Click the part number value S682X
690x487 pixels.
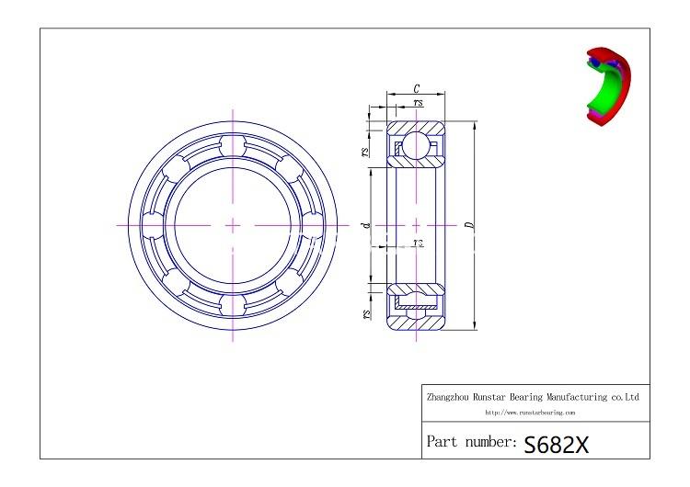[556, 444]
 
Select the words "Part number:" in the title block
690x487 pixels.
[471, 442]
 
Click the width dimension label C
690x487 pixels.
[417, 89]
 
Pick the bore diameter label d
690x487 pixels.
[366, 224]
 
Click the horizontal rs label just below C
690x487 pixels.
[419, 103]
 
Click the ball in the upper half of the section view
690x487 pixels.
[417, 145]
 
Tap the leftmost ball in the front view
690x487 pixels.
[153, 224]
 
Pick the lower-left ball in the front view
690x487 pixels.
[176, 280]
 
